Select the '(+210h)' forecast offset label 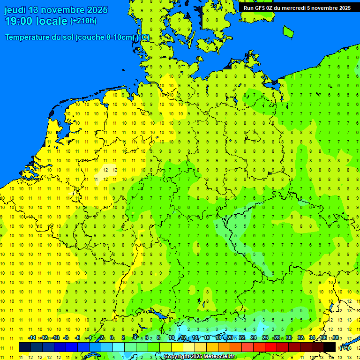click(83, 21)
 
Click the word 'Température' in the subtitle click(30, 37)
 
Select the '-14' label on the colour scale click(32, 337)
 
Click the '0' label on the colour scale click(112, 337)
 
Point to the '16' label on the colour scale click(206, 337)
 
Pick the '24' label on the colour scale click(254, 337)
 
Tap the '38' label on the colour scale click(335, 337)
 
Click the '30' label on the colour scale click(289, 337)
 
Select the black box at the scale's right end click(330, 347)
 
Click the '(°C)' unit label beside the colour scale click(345, 347)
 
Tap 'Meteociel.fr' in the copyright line click(218, 357)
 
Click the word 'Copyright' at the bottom click(176, 357)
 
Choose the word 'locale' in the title click(52, 21)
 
